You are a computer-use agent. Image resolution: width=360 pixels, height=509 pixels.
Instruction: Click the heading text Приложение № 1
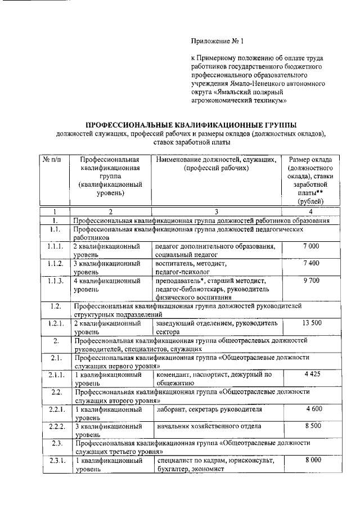coord(219,41)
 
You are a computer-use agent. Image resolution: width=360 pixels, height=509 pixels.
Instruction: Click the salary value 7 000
coord(311,246)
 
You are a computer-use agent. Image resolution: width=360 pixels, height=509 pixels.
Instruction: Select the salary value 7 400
coord(311,263)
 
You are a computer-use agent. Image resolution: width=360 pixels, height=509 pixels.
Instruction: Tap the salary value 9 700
coord(311,280)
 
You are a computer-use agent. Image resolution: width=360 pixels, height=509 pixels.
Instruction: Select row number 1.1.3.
coord(55,280)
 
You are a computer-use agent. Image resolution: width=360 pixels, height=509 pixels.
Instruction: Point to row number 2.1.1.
coord(55,373)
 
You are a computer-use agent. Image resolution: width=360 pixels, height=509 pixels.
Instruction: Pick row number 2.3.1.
coord(55,461)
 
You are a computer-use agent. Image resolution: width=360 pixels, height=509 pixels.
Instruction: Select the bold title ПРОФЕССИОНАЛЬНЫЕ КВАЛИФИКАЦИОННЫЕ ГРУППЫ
coord(190,124)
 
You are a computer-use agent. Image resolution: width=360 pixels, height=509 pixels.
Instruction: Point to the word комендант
coord(174,373)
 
